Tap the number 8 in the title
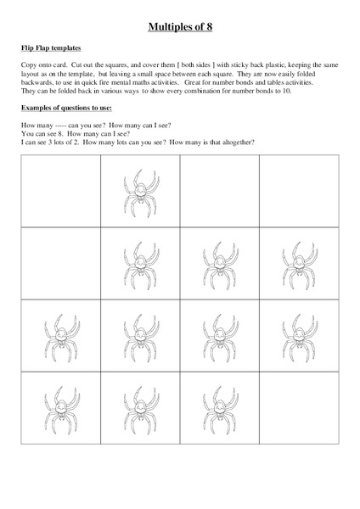[x=208, y=26]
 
